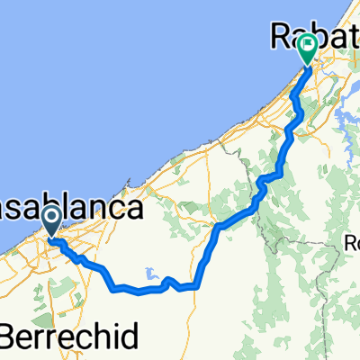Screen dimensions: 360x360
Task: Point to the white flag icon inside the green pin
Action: [308, 42]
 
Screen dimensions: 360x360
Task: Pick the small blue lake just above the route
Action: [147, 275]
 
